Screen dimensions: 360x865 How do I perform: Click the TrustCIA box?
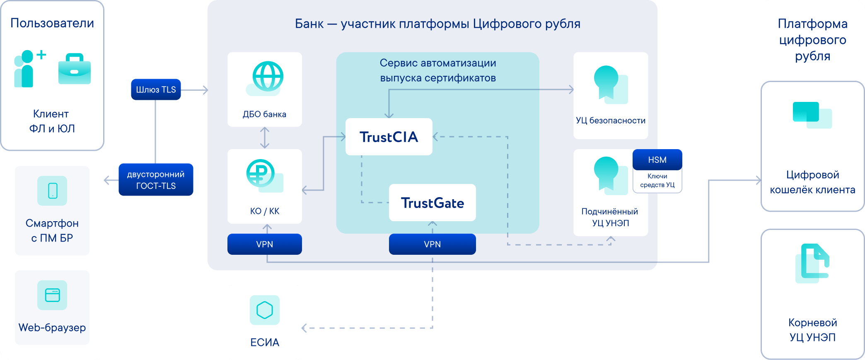click(x=389, y=137)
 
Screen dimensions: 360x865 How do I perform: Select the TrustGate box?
click(x=432, y=203)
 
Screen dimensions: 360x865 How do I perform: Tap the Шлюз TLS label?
click(x=156, y=89)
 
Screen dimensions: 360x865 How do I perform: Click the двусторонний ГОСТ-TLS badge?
click(x=156, y=180)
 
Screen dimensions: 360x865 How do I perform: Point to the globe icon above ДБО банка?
click(x=268, y=76)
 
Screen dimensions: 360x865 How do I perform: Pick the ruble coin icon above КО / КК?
click(x=261, y=173)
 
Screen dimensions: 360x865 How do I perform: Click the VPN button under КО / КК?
click(x=264, y=244)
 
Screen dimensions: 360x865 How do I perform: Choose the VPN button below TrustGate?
click(x=432, y=244)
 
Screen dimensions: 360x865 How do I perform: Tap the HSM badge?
click(x=657, y=159)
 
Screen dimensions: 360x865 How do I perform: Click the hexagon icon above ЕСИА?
click(x=264, y=310)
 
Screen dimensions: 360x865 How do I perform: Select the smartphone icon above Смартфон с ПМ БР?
click(x=52, y=191)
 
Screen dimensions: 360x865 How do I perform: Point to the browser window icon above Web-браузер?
click(x=52, y=295)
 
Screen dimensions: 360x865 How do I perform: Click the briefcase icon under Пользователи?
click(x=75, y=69)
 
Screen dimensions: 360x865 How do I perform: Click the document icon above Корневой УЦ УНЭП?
click(x=812, y=263)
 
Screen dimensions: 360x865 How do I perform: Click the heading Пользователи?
click(x=52, y=23)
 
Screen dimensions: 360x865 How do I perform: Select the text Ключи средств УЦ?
click(x=657, y=181)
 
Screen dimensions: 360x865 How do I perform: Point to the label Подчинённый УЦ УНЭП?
click(x=610, y=217)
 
